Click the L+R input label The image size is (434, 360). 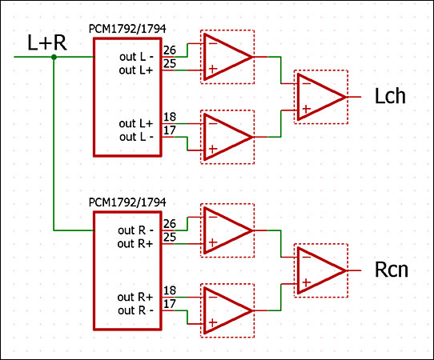(47, 43)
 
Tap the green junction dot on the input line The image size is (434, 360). (54, 58)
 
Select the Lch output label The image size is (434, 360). (390, 96)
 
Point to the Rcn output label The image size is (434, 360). (391, 270)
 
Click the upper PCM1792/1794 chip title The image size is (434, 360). (127, 29)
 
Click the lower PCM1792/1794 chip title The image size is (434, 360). (127, 202)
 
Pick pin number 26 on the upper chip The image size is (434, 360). (170, 50)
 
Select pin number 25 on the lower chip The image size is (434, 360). (170, 237)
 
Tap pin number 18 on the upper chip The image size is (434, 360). (170, 117)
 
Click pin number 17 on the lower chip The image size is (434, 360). (170, 303)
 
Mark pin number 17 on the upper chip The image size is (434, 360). (170, 130)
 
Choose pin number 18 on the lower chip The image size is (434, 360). (170, 290)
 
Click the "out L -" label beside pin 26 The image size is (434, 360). (136, 57)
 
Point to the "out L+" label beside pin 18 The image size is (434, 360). (135, 123)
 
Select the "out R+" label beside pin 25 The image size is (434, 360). (135, 243)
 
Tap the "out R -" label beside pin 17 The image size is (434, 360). (135, 310)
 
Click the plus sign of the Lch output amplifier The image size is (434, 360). (307, 109)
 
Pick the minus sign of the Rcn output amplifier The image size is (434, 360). (307, 257)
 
